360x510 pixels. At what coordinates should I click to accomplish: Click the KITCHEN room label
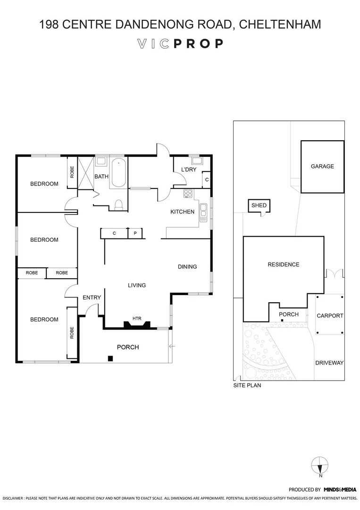pos(182,212)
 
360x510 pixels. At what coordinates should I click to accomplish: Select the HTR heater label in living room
pos(137,318)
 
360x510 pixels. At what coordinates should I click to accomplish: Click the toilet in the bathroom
pos(118,204)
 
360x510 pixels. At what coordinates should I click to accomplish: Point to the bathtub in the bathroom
pos(118,173)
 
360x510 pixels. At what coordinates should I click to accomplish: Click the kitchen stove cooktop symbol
pos(188,193)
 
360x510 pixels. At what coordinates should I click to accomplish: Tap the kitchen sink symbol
pos(203,212)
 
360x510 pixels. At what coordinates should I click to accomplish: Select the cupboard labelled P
pos(135,233)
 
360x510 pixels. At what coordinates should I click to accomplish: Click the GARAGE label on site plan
pos(322,166)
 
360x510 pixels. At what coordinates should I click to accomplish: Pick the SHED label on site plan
pos(259,205)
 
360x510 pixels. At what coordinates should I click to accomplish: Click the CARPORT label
pos(330,315)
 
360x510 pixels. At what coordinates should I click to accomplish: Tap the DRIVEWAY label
pos(329,363)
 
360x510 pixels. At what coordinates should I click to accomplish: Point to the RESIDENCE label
pos(283,264)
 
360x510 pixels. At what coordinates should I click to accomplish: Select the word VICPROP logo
pos(180,44)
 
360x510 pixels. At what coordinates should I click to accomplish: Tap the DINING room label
pos(187,267)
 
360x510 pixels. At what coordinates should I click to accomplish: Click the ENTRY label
pos(92,297)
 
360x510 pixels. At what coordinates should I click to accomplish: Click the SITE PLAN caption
pos(247,385)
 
